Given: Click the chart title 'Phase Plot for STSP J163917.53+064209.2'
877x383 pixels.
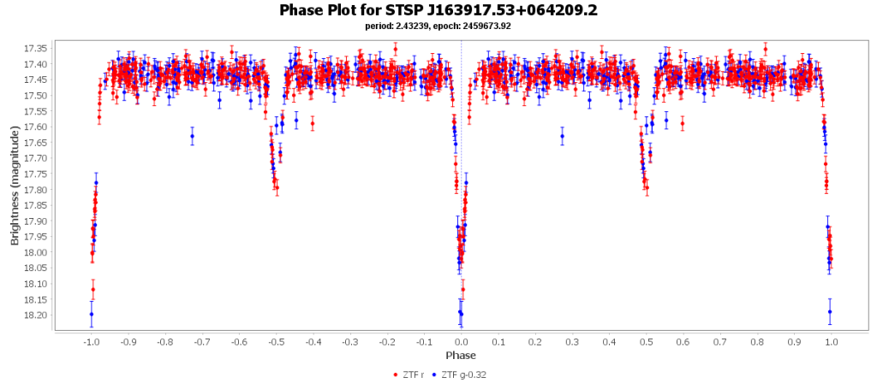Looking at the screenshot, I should [438, 10].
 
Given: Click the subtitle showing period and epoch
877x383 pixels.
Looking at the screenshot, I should [438, 26].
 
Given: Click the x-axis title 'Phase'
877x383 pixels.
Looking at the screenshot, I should [461, 355].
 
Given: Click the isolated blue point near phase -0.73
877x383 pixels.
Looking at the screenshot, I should [192, 136].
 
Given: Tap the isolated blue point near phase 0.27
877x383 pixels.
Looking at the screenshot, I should [562, 136].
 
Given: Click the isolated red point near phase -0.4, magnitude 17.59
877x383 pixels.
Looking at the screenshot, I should [313, 124].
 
